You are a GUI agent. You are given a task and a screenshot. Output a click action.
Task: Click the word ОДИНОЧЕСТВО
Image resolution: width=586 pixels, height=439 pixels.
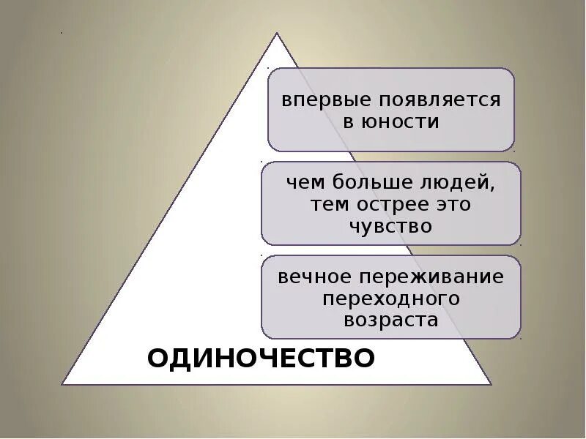tap(261, 359)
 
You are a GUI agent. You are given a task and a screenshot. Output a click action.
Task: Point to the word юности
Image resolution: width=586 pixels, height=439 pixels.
tap(401, 121)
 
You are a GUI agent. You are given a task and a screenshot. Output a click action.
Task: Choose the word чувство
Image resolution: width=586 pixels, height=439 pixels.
tap(390, 226)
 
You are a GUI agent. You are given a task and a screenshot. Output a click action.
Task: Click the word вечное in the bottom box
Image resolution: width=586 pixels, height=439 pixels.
tap(314, 277)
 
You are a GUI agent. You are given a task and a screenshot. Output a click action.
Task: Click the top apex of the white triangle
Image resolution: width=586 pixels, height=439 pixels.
tap(276, 33)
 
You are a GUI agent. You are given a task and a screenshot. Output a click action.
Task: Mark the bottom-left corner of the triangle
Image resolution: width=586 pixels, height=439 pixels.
tap(62, 383)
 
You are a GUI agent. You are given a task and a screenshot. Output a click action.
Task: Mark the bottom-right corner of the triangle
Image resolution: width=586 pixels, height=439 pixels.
tap(492, 383)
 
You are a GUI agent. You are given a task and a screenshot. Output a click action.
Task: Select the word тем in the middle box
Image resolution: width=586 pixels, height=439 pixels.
tap(327, 204)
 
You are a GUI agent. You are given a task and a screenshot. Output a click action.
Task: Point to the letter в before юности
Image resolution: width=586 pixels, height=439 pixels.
tap(349, 122)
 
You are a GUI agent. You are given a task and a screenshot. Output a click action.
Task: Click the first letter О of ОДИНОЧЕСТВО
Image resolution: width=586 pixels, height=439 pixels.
tap(158, 359)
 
